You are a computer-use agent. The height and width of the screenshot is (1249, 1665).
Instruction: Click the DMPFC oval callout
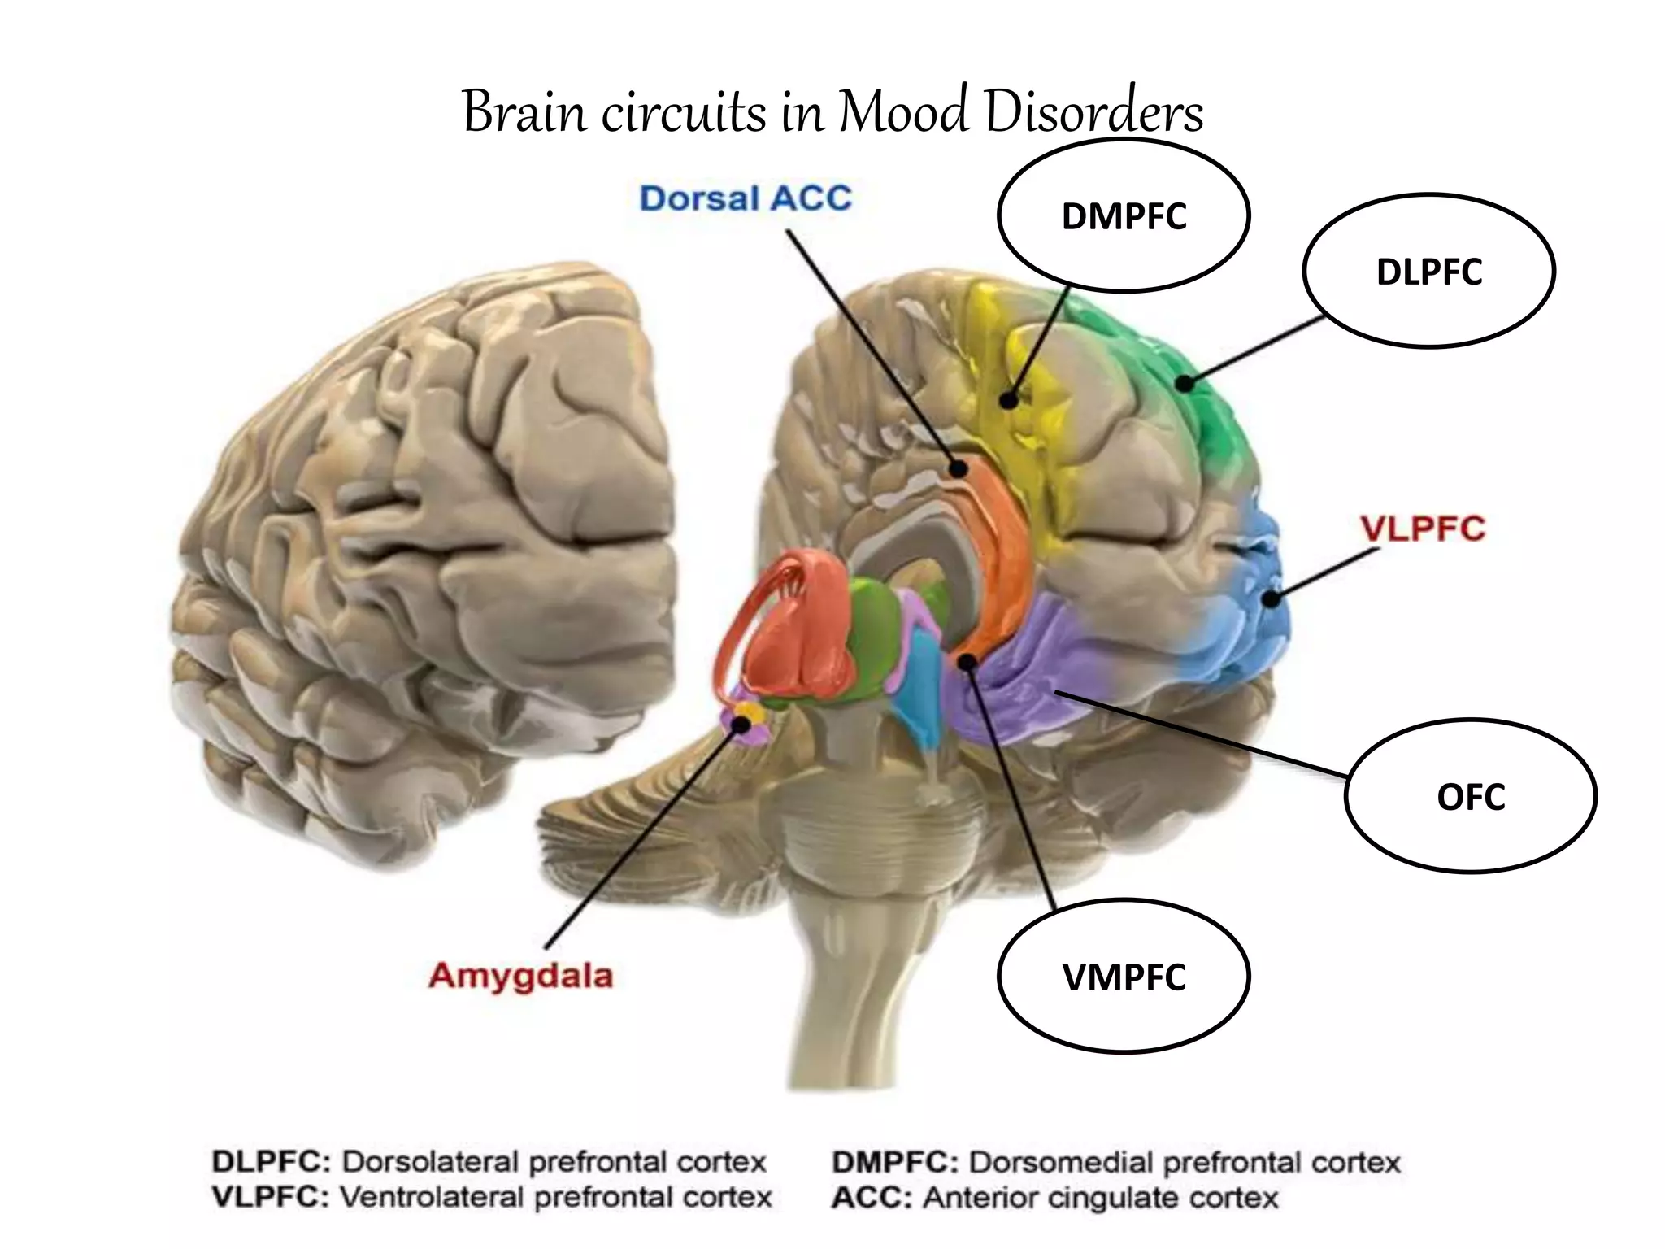click(1124, 215)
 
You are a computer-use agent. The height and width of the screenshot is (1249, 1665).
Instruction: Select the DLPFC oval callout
click(1428, 271)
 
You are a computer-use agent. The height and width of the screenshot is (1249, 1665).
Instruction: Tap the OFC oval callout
click(1470, 796)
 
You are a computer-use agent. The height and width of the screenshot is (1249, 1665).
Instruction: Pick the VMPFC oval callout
click(1124, 976)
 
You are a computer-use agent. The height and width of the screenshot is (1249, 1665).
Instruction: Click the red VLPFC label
click(1423, 529)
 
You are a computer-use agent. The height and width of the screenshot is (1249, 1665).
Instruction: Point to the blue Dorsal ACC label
click(746, 198)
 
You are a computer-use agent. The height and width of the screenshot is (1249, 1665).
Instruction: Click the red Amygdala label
click(520, 975)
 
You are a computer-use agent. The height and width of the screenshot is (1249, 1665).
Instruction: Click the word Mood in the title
click(903, 111)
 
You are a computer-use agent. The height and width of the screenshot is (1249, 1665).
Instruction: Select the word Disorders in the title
click(1093, 111)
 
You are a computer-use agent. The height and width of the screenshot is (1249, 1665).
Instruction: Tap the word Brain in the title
click(524, 111)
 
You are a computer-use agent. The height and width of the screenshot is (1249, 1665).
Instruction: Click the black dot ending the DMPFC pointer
click(1009, 400)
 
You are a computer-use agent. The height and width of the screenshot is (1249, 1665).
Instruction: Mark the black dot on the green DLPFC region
click(1186, 382)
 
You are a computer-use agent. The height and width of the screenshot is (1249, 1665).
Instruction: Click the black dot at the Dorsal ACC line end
click(959, 468)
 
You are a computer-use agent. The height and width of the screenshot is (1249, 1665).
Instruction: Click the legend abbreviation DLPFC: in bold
click(272, 1162)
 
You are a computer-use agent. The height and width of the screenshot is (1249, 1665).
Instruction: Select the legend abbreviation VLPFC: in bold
click(270, 1197)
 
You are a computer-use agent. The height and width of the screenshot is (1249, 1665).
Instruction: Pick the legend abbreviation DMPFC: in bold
click(895, 1162)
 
